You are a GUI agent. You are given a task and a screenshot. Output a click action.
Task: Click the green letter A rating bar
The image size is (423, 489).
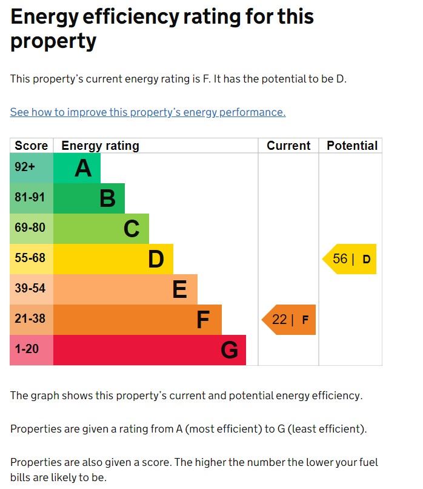coord(77,168)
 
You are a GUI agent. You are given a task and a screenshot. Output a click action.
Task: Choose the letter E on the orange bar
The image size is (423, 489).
coord(179,289)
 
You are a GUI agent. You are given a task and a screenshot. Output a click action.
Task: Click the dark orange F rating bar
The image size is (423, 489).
coord(138,320)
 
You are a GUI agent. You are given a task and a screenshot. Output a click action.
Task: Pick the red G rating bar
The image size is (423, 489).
coord(150,350)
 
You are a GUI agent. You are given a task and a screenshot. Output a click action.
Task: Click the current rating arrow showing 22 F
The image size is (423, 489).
coord(289,320)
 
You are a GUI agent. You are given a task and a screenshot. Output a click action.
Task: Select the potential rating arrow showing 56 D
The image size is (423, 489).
coord(350,259)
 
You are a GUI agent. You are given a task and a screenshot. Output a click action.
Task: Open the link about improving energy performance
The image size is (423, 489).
coord(148,112)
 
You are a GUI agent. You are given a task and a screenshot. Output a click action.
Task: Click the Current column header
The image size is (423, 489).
coord(288,146)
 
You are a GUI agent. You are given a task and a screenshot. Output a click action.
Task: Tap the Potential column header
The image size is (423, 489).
coord(351,146)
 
